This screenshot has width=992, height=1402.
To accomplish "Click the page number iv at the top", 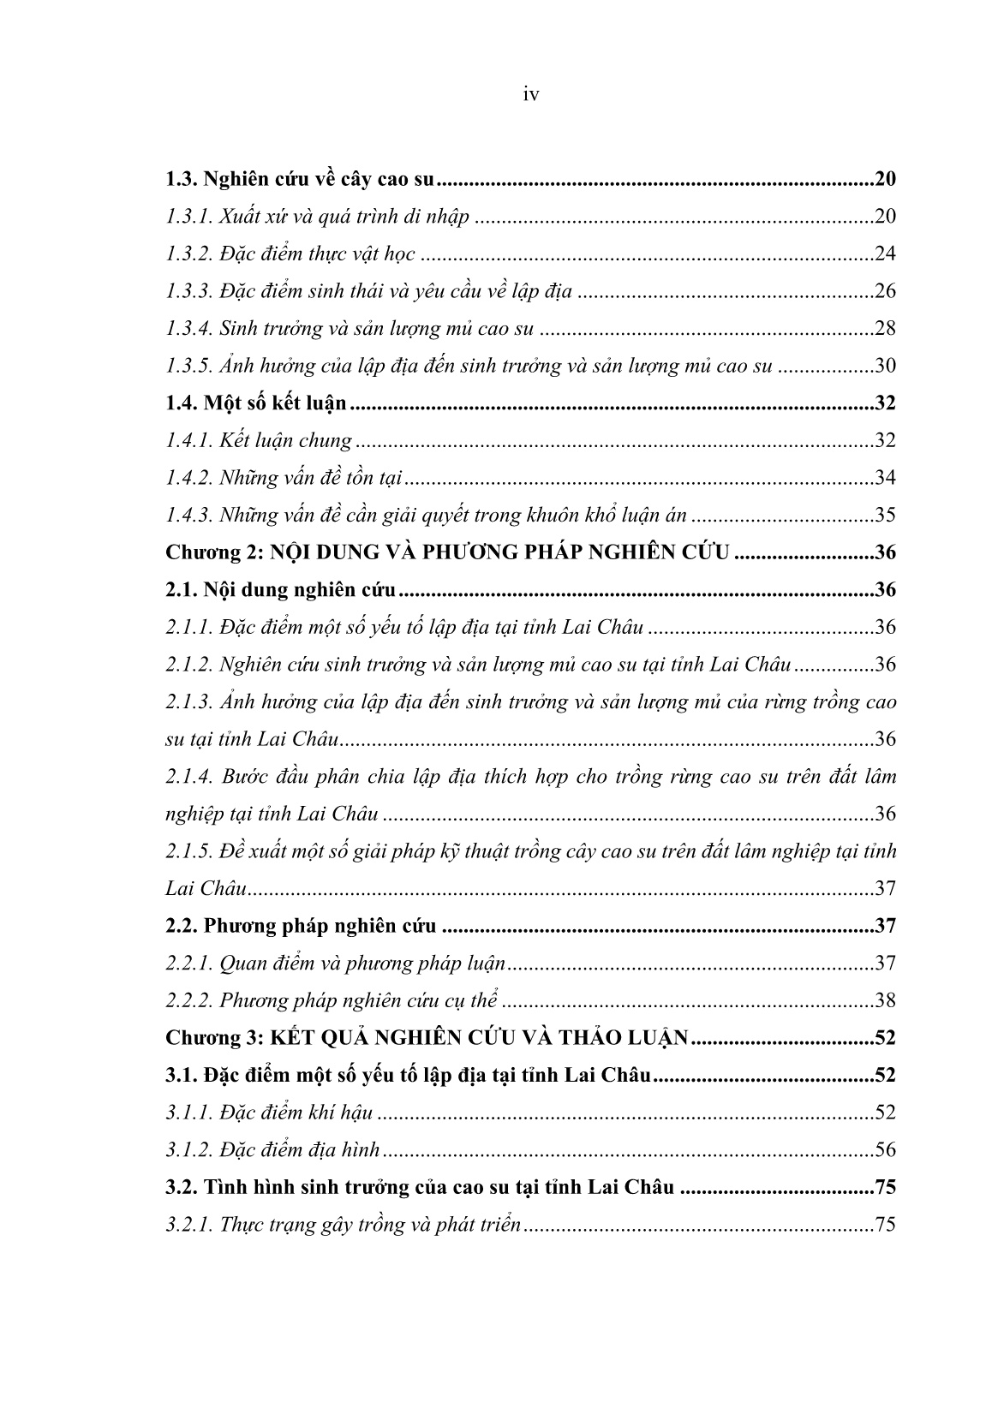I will point(530,95).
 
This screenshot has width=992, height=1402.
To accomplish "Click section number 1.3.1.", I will point(188,217).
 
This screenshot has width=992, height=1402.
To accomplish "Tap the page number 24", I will point(885,254).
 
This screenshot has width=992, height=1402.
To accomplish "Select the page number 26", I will point(885,291).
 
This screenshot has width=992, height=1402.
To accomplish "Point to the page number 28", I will point(885,329).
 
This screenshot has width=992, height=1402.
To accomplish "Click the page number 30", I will point(885,367).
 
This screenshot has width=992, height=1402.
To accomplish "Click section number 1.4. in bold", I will point(181,403).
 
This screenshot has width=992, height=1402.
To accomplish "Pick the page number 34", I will point(885,478).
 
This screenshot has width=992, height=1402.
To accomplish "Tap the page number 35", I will point(885,516).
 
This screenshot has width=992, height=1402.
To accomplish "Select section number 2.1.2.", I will point(188,665).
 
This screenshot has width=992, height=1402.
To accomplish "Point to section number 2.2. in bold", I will point(182,926).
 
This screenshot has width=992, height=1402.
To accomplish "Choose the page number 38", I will point(885,1000).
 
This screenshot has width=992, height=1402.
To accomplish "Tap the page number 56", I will point(885,1149).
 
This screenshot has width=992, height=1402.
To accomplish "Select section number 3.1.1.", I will point(188,1113).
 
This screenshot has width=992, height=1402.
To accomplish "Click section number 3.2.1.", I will point(188,1225).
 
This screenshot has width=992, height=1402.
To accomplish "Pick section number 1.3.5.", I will point(188,367).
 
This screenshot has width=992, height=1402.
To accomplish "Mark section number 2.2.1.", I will point(188,964).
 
